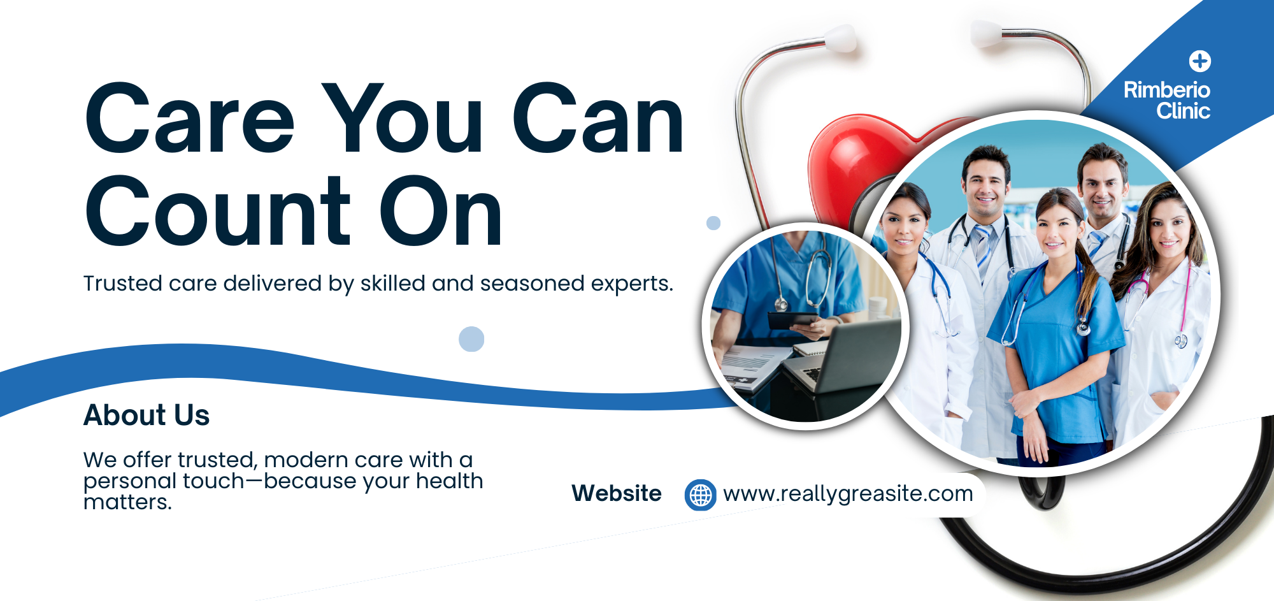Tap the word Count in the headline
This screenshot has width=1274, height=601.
[x=218, y=211]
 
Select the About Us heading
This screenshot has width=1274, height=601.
[x=147, y=415]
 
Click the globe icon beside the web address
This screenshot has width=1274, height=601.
[x=700, y=495]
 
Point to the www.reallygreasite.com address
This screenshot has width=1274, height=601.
[x=848, y=494]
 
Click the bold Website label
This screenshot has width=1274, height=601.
[x=616, y=493]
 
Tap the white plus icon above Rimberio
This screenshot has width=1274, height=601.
[x=1200, y=61]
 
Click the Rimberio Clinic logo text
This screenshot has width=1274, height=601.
[x=1167, y=100]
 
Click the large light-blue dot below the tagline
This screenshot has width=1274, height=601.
[x=471, y=339]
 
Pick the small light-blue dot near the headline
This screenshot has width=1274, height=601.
[x=713, y=223]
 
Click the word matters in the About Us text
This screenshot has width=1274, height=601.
[x=127, y=502]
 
